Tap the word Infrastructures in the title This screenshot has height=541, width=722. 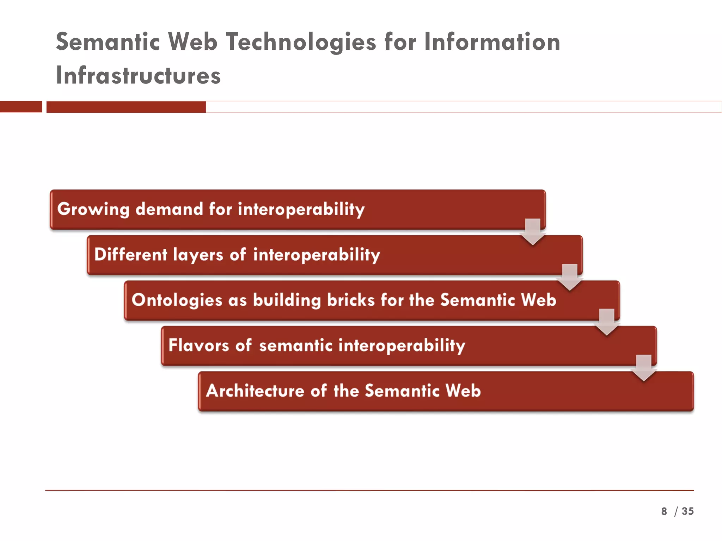(138, 75)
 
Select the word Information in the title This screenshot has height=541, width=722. (492, 42)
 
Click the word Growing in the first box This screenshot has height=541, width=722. (93, 209)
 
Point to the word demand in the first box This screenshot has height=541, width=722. (169, 209)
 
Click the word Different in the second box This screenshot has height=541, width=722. (131, 254)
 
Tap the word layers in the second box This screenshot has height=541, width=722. (198, 255)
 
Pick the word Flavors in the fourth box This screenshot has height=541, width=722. (199, 345)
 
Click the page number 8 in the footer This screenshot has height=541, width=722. (664, 511)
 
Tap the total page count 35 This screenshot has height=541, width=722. (687, 511)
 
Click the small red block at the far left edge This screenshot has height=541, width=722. (21, 107)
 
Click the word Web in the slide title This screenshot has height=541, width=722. (192, 42)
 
